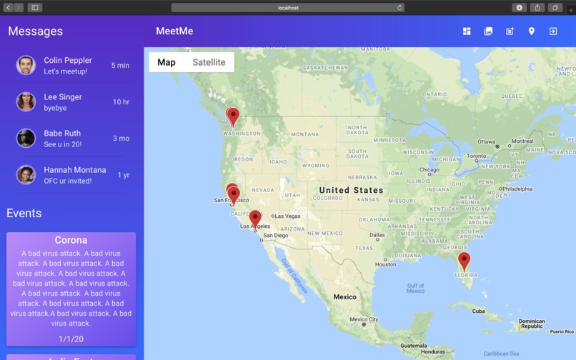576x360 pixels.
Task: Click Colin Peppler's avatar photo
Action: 26,65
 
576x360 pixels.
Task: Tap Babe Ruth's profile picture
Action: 26,138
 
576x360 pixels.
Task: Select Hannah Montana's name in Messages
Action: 74,170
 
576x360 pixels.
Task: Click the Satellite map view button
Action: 209,62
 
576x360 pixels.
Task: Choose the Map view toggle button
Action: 167,62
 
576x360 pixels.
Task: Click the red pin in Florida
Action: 464,260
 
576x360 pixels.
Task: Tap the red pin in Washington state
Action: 232,116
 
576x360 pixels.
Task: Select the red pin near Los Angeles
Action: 255,218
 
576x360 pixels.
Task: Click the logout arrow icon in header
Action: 552,31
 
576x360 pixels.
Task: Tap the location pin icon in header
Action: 531,31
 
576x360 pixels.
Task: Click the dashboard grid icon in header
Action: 467,31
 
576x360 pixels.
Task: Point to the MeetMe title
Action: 174,31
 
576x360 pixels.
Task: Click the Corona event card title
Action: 71,241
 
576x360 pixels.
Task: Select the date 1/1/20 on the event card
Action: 71,339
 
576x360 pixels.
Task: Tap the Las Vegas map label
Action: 287,216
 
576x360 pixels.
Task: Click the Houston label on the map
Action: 385,264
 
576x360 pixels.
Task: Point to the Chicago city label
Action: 429,170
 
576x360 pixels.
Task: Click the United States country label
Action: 351,190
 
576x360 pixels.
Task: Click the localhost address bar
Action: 288,8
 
